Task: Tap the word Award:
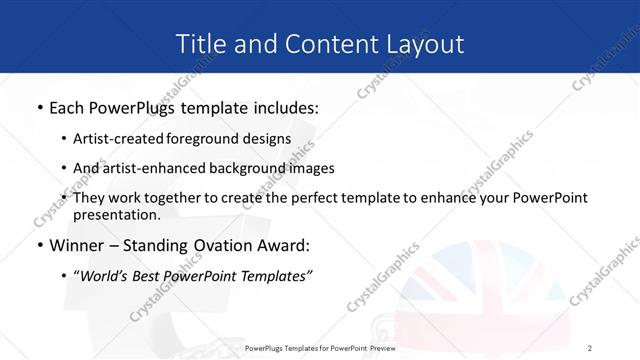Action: (282, 245)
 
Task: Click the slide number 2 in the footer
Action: (590, 348)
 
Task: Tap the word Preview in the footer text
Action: (377, 348)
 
